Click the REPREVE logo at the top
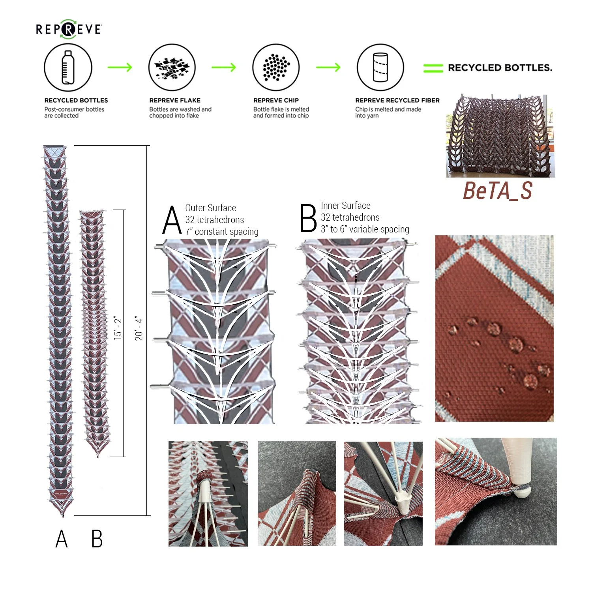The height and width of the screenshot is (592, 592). coord(69,29)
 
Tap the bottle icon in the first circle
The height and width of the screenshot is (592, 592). coord(68,67)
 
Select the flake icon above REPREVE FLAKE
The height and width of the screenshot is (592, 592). coord(172,67)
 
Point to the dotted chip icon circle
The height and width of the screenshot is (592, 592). coord(276,67)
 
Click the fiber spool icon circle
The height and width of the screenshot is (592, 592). coord(380,67)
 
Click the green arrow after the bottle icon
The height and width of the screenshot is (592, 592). coord(120,67)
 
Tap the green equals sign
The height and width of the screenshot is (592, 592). coord(433,68)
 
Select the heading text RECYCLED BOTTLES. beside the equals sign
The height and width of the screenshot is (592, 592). coord(500,68)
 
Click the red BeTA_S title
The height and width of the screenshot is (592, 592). coord(498,191)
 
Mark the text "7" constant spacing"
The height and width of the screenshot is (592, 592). coord(222,232)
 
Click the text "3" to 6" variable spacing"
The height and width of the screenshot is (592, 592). coord(365,229)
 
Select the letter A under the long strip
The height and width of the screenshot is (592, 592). coord(62,539)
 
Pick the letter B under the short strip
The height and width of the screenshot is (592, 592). coord(97,539)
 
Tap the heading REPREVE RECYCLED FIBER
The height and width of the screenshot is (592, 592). coord(397,100)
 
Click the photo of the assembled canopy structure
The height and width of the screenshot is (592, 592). coord(500,136)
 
